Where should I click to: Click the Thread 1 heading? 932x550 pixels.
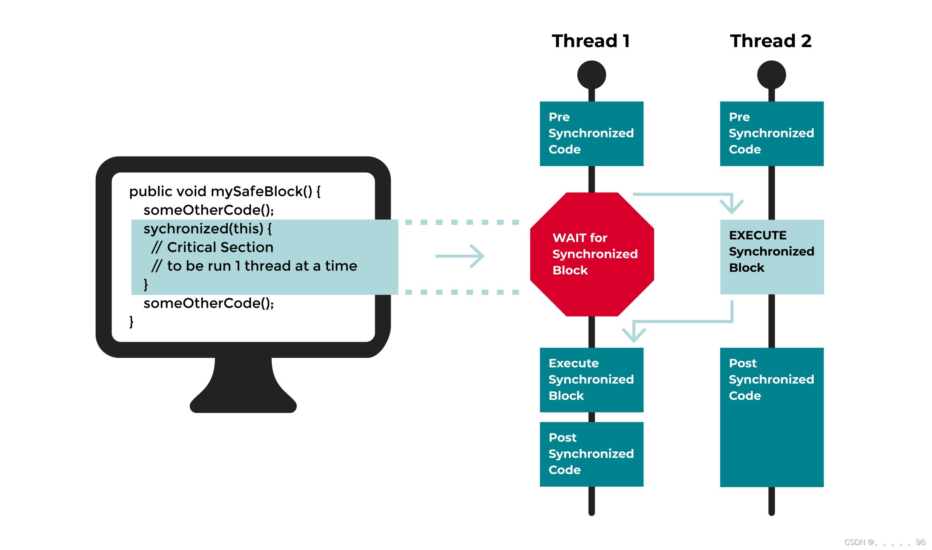click(x=591, y=41)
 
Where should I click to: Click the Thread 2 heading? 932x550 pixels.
click(x=770, y=41)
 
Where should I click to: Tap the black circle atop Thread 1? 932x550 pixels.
click(x=592, y=75)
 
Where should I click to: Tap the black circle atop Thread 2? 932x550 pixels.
click(x=771, y=75)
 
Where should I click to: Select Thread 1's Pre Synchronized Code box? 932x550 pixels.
click(x=592, y=133)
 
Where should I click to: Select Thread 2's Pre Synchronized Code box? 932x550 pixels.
click(x=771, y=133)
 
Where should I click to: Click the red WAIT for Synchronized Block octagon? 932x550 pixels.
click(x=592, y=254)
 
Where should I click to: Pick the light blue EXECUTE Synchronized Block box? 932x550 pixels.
click(x=772, y=257)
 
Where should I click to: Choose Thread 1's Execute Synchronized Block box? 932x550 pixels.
click(x=592, y=379)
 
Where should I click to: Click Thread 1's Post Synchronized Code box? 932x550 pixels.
click(x=592, y=454)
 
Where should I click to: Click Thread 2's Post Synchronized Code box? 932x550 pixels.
click(x=771, y=417)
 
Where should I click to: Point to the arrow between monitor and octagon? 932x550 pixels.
click(x=460, y=256)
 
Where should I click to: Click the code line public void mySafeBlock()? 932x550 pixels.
click(x=225, y=191)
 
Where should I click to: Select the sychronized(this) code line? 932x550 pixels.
click(x=207, y=229)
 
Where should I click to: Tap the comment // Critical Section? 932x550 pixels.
click(x=212, y=247)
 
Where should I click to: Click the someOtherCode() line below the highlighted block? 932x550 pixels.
click(x=208, y=303)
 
